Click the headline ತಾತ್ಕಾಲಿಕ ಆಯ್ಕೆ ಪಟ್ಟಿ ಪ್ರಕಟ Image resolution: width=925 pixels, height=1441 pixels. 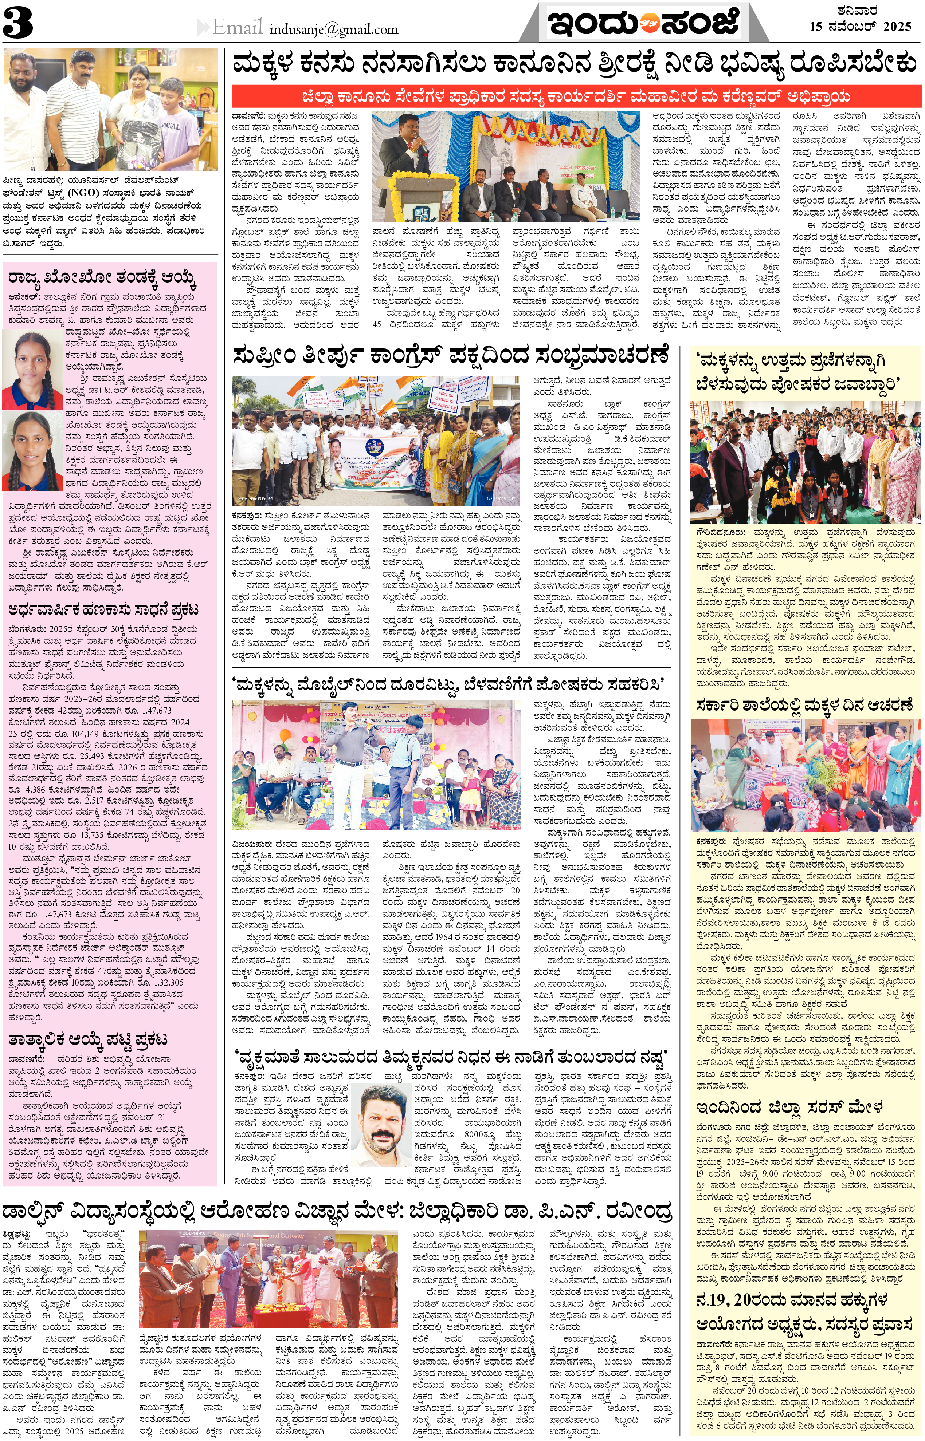coord(87,1039)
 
